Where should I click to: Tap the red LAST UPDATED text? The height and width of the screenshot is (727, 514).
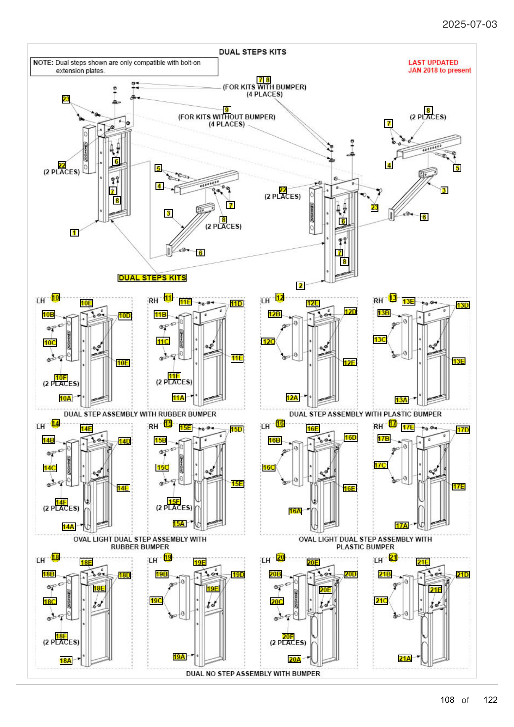433,63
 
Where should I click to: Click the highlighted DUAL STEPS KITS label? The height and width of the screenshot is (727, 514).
152,278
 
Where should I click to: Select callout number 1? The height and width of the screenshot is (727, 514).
74,233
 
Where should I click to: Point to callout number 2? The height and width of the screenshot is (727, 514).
300,286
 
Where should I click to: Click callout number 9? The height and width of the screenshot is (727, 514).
227,110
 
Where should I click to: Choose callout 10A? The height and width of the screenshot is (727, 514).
65,398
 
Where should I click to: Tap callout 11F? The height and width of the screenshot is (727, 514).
174,376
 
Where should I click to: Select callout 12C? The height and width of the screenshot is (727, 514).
268,342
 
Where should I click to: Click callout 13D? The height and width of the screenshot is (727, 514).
462,305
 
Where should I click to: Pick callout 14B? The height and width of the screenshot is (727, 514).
49,440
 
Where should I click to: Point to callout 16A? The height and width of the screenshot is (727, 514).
295,511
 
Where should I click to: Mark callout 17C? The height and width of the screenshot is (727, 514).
380,465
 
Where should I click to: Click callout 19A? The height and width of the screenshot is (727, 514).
179,657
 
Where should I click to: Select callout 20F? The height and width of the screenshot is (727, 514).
288,637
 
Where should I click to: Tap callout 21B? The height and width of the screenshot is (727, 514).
385,574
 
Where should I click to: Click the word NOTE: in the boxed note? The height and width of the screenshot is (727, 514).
43,63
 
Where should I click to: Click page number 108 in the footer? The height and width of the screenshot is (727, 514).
447,700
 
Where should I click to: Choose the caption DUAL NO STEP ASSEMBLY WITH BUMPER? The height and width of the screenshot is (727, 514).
253,674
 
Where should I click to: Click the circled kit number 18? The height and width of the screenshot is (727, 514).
55,557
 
